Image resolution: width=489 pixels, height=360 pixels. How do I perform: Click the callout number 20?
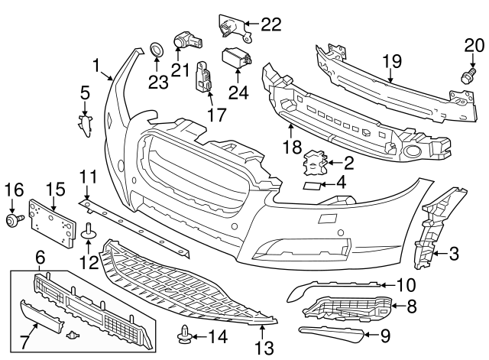coord(474,47)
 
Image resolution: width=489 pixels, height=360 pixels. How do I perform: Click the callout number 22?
coord(270,24)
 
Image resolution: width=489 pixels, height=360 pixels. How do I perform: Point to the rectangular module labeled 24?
coord(235,57)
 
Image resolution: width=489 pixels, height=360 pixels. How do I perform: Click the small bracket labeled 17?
coord(205,76)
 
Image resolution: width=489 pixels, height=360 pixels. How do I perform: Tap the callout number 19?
coord(392,59)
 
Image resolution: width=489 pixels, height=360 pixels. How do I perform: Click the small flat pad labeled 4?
coord(312,184)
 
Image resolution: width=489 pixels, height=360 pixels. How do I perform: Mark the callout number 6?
coord(40,261)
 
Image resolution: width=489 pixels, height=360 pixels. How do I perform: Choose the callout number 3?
coord(454,253)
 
